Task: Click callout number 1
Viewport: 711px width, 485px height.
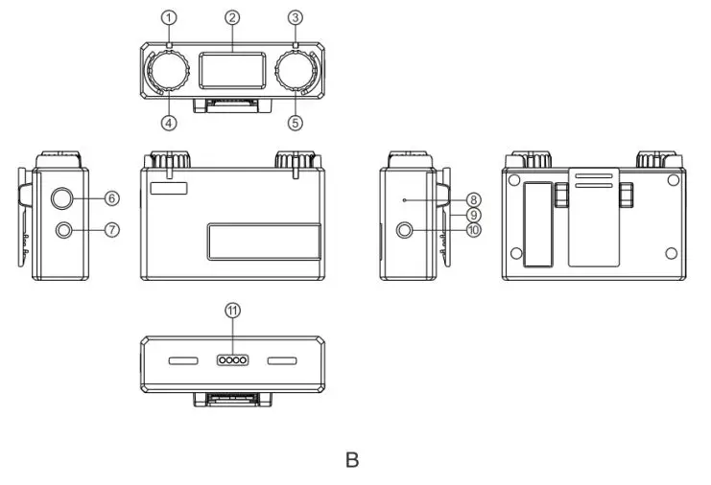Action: tap(170, 17)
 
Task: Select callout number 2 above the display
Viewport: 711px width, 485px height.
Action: tap(231, 17)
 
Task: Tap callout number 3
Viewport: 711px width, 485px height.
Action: tap(295, 17)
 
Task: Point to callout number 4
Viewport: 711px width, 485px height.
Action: tap(170, 122)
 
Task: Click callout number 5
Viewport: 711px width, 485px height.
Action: tap(295, 122)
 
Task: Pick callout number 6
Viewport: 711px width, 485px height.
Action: tap(111, 197)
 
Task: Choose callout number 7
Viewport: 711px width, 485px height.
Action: tap(111, 230)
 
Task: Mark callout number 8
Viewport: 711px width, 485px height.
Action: tap(473, 198)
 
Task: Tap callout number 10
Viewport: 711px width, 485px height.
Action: tap(473, 230)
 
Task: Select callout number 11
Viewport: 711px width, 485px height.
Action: tap(231, 310)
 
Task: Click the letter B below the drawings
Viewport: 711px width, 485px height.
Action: tap(352, 460)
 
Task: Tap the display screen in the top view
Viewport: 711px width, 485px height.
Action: tap(231, 69)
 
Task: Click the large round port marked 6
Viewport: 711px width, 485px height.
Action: tap(62, 198)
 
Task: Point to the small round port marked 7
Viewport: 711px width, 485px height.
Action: tap(62, 230)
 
